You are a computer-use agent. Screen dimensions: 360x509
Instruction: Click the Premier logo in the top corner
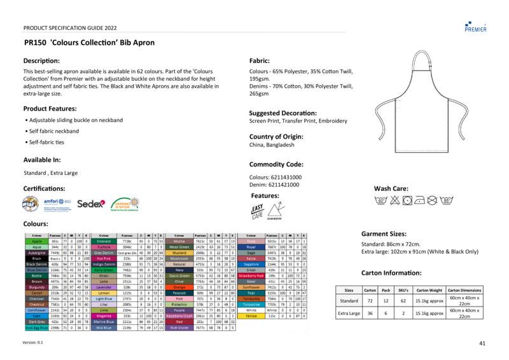click(476, 26)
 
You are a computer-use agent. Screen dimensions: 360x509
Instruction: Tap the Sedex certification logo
click(90, 204)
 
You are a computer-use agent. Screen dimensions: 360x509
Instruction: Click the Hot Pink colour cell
click(104, 259)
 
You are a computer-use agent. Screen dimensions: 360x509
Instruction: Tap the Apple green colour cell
click(36, 241)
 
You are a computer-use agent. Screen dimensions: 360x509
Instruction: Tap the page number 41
click(482, 343)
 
